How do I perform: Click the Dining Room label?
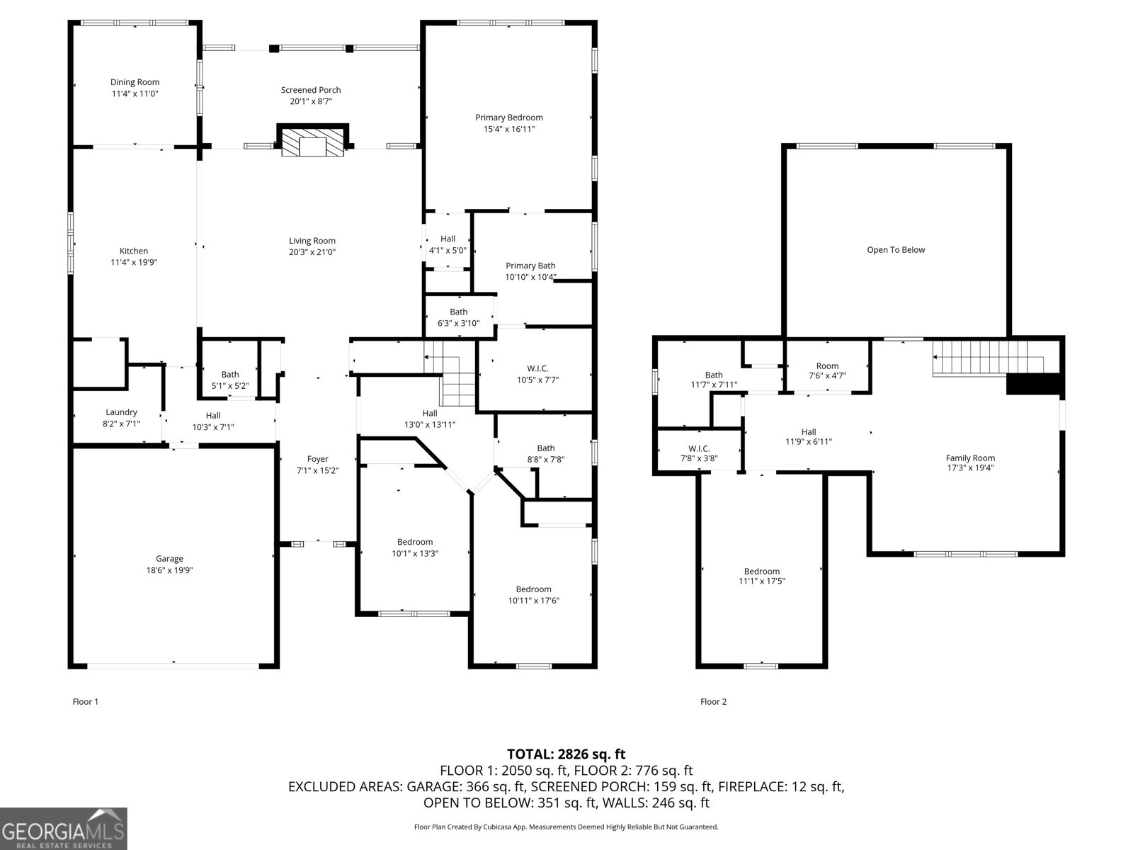pos(135,82)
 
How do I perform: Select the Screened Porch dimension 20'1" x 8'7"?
pos(311,101)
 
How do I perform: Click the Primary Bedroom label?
pos(508,118)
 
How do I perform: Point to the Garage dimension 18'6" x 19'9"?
pos(169,569)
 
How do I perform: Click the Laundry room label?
pos(121,412)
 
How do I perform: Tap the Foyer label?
pos(317,459)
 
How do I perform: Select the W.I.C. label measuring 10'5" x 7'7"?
pos(537,368)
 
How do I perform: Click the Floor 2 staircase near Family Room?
pos(984,354)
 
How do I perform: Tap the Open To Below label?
pos(896,250)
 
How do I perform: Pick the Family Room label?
pos(970,458)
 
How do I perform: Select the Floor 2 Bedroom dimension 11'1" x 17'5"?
pos(762,581)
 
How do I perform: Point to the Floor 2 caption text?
pos(713,702)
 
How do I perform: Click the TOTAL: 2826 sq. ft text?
pos(566,754)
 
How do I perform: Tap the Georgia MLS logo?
pos(64,828)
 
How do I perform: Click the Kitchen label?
pos(134,251)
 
